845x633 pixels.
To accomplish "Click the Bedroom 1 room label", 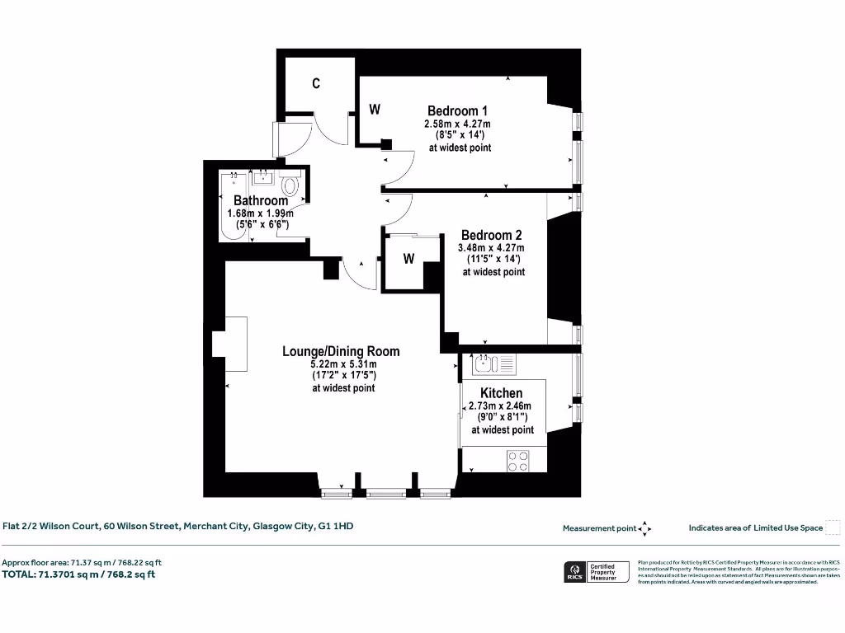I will pyautogui.click(x=458, y=111).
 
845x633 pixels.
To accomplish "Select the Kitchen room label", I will pyautogui.click(x=501, y=393).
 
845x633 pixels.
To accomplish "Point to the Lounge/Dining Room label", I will pyautogui.click(x=341, y=351).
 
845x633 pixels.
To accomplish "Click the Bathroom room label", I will pyautogui.click(x=261, y=200).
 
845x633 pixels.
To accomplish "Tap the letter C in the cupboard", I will pyautogui.click(x=316, y=84).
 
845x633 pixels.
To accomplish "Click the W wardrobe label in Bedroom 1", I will pyautogui.click(x=374, y=109).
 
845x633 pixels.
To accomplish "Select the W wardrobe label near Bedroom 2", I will pyautogui.click(x=408, y=259).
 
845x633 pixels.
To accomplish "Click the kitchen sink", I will pyautogui.click(x=484, y=363).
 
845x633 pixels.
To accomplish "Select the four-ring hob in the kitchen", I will pyautogui.click(x=517, y=461).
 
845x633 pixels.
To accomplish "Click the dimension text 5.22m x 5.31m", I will pyautogui.click(x=343, y=364).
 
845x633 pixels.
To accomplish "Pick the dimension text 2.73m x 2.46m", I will pyautogui.click(x=500, y=406).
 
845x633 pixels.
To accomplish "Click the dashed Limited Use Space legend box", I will pyautogui.click(x=833, y=527).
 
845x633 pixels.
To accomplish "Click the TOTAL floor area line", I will pyautogui.click(x=79, y=574).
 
